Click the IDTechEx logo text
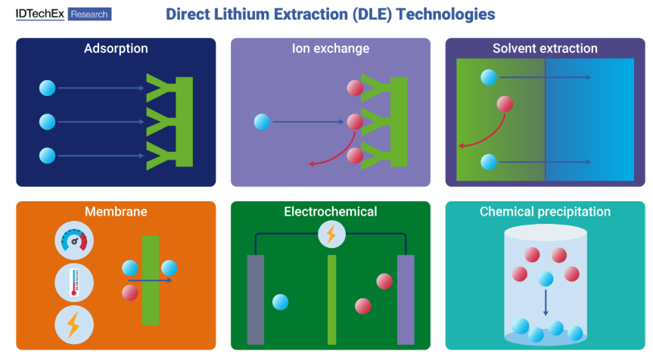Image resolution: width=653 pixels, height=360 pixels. point(40,14)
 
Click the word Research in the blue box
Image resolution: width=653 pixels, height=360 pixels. point(89,14)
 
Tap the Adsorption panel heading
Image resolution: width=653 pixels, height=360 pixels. point(116,49)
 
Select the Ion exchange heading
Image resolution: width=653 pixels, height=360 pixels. point(331,49)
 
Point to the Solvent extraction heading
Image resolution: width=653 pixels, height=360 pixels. point(545,49)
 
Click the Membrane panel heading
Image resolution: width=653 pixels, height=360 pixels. point(116,212)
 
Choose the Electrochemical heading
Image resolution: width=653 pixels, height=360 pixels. point(331,212)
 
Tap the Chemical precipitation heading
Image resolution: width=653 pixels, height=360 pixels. point(545,212)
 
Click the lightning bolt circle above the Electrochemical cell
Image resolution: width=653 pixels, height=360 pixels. point(331,234)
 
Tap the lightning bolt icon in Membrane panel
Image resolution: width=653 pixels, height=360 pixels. point(73,325)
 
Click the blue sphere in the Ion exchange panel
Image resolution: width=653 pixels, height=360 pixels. point(263,122)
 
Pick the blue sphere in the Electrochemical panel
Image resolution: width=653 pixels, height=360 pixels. point(280,302)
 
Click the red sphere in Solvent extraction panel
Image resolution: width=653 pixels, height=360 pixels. point(505,104)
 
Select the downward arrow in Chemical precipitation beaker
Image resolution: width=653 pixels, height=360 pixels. point(546,303)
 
